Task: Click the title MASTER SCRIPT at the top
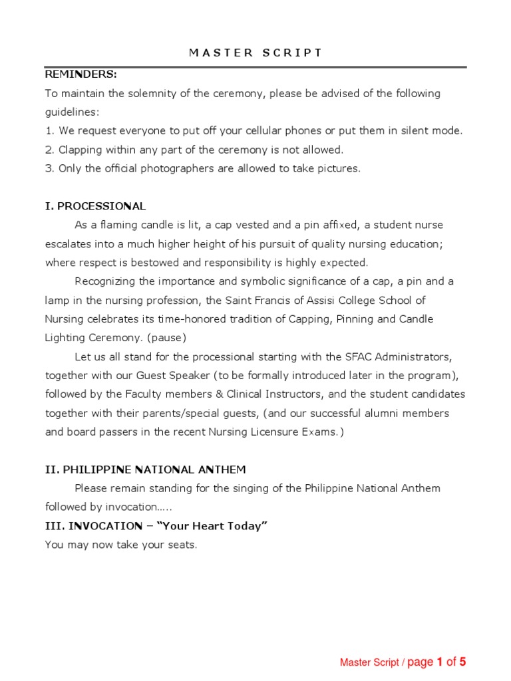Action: point(255,53)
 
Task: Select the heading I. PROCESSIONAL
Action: point(95,206)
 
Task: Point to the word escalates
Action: point(69,244)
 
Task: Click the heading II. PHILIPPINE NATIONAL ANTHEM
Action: point(145,470)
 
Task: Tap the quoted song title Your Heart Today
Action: point(220,526)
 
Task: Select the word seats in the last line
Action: point(180,545)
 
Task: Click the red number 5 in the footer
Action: point(462,662)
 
